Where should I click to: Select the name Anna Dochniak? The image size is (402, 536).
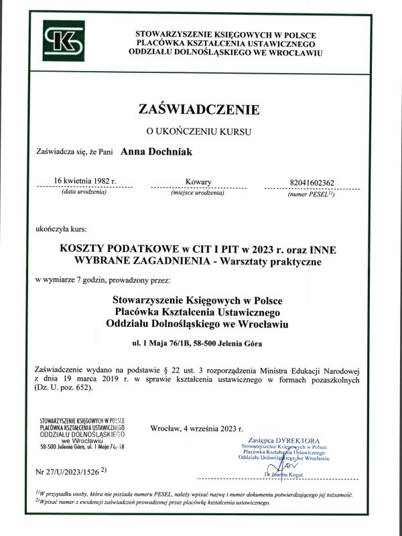(156, 152)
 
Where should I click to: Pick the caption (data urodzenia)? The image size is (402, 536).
(84, 192)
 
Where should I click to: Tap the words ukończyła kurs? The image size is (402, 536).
(60, 229)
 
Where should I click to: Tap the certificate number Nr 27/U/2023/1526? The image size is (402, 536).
(70, 472)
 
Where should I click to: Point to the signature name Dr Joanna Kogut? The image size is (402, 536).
(285, 474)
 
